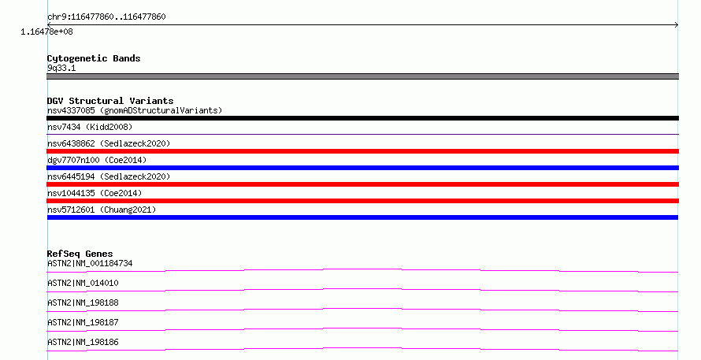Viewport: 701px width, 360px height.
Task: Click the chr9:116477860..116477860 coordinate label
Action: [x=106, y=17]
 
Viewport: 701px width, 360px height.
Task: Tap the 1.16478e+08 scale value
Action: [x=46, y=32]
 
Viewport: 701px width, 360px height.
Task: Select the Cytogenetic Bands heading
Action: [x=94, y=58]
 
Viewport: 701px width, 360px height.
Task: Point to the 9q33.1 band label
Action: [x=61, y=68]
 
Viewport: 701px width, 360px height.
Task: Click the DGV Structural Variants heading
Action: [x=110, y=101]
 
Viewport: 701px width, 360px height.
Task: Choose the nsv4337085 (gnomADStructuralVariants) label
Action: [x=135, y=110]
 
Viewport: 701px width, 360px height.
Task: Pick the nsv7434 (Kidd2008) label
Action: [x=90, y=127]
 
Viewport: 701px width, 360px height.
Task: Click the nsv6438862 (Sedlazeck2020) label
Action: [x=109, y=143]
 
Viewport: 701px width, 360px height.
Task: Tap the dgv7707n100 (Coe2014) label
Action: [x=97, y=160]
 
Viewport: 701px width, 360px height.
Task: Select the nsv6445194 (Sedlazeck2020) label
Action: [x=109, y=176]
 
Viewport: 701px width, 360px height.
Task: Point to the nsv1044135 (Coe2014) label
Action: [x=95, y=193]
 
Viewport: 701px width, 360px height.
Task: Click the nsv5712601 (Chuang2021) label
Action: [x=102, y=210]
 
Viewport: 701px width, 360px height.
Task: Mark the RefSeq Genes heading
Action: [x=80, y=254]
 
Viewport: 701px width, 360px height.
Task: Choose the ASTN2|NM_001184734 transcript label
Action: [x=90, y=263]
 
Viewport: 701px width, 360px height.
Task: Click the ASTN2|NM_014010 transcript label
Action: [x=83, y=283]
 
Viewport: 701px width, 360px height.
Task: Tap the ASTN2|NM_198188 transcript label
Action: [x=83, y=302]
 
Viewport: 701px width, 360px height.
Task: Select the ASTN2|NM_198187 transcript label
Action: [x=83, y=322]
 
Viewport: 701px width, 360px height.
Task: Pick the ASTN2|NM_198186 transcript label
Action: [x=83, y=342]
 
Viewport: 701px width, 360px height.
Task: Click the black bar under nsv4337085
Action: [x=362, y=118]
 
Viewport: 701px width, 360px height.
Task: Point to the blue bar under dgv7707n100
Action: [x=362, y=168]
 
